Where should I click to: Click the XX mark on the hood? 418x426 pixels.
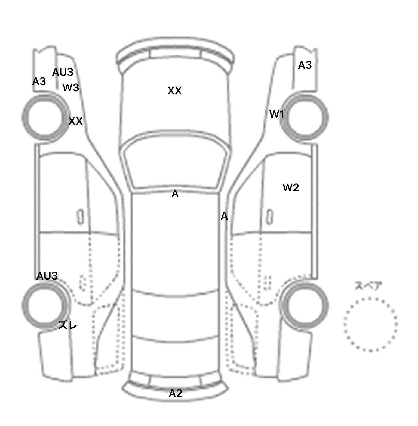point(174,91)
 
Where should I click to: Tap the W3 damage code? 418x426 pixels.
point(71,87)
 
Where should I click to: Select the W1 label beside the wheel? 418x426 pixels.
point(277,114)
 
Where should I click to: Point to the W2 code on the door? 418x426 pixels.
point(291,187)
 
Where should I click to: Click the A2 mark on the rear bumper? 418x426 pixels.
point(176,393)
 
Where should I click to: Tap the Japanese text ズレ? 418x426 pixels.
point(68,325)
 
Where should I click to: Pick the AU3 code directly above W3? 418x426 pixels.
point(63,72)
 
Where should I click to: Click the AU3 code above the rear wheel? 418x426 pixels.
point(47,276)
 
